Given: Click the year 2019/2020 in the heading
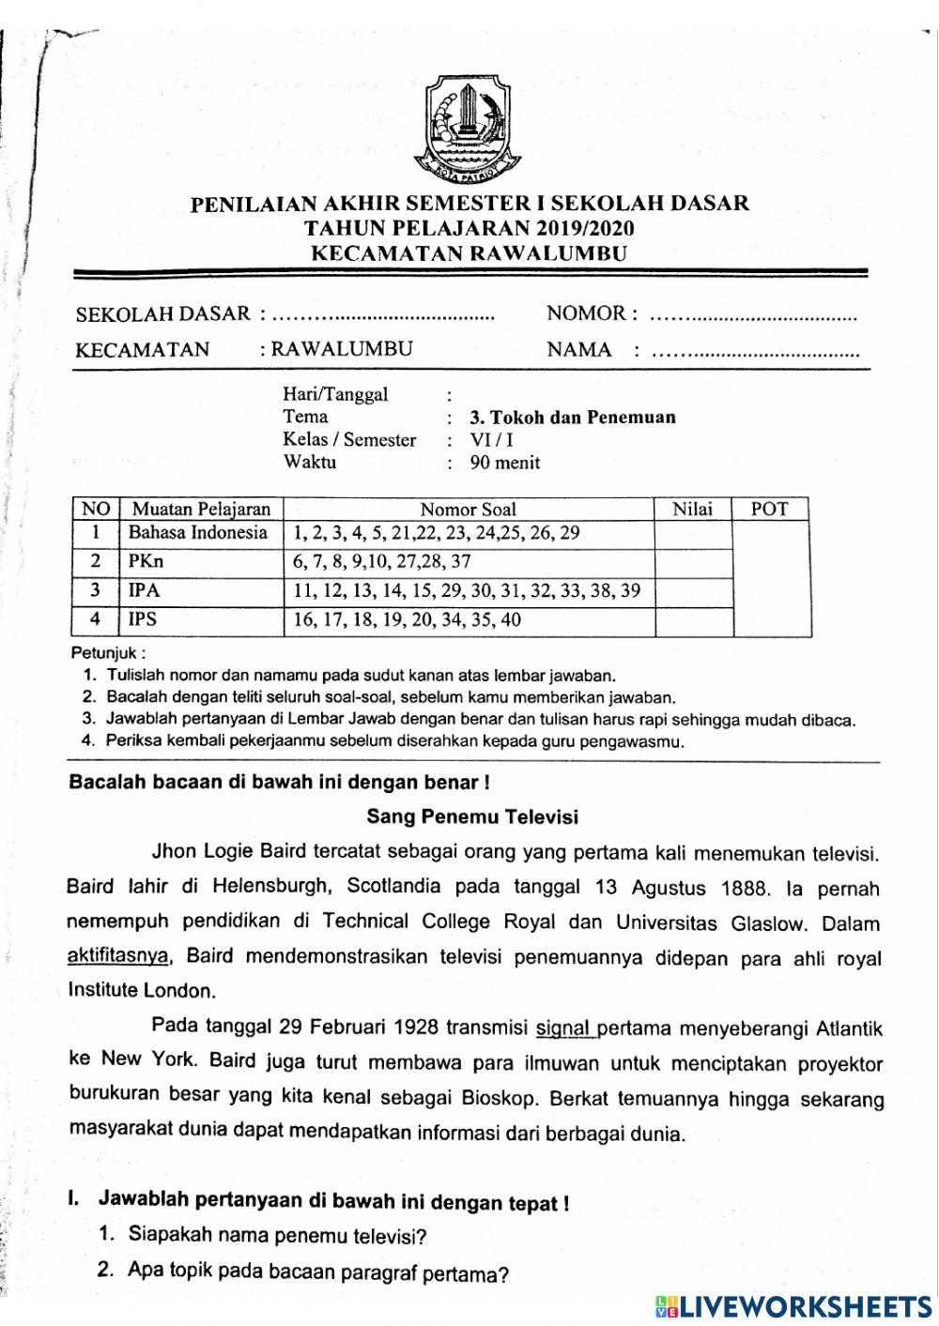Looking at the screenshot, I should (585, 228).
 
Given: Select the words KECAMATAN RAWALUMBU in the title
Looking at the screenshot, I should (469, 252).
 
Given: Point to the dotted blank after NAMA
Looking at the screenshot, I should (755, 354).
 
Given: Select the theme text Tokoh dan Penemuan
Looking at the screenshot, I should (573, 418).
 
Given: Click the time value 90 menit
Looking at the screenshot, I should (505, 462).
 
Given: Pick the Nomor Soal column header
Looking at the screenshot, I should (468, 510).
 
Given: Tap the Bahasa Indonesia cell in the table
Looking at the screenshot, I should (198, 533).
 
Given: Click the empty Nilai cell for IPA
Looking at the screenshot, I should (692, 591).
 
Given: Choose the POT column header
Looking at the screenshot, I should (769, 510).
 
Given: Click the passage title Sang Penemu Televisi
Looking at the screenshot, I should (472, 816).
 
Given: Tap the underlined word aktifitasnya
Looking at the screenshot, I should (119, 957).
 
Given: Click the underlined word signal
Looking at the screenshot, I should (564, 1028).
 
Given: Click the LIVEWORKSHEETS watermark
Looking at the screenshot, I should (793, 1306).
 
